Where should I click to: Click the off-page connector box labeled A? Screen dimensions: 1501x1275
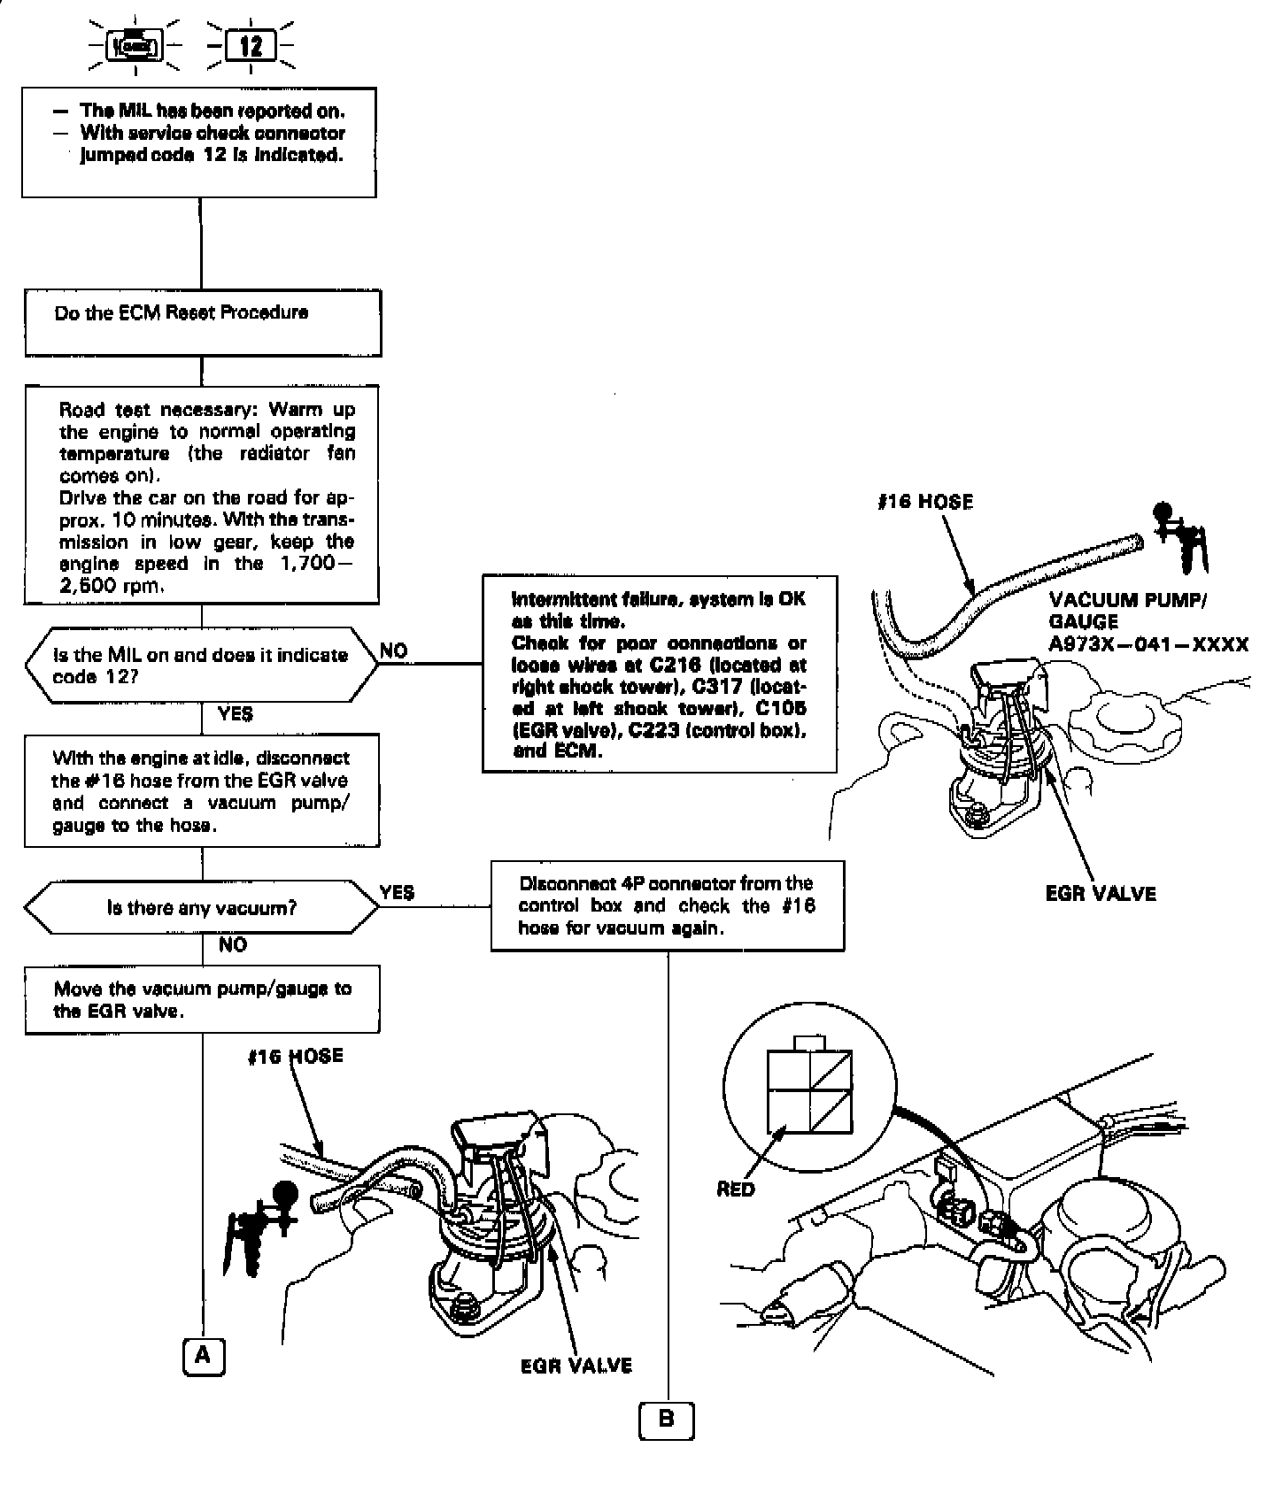pos(204,1355)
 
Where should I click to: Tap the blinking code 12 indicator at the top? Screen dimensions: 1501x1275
pos(251,45)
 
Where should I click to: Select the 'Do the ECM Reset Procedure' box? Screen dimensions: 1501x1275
pos(203,322)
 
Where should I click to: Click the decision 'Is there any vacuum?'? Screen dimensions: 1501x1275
pos(202,907)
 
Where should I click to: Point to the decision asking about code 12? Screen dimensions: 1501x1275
pos(202,666)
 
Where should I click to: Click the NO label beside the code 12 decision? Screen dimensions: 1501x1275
pos(394,650)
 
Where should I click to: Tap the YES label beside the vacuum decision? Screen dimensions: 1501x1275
pos(397,892)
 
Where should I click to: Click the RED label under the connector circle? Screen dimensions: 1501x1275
pos(736,1189)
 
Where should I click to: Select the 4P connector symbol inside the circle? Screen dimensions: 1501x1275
pos(810,1089)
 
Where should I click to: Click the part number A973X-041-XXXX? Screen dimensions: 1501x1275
pos(1148,644)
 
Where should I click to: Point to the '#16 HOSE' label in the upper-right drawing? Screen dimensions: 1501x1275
pos(924,502)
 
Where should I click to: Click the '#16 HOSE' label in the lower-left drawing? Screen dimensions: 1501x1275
pos(295,1056)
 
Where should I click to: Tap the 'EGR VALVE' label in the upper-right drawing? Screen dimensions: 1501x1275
pos(1101,893)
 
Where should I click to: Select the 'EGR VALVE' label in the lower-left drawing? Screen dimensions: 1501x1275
pos(576,1366)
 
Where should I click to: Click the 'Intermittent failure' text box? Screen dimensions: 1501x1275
pos(660,674)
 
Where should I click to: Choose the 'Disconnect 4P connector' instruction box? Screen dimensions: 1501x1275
pos(668,905)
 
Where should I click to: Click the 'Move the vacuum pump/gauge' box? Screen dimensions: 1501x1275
pos(202,999)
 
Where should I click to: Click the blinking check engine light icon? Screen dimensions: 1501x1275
pos(134,45)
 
